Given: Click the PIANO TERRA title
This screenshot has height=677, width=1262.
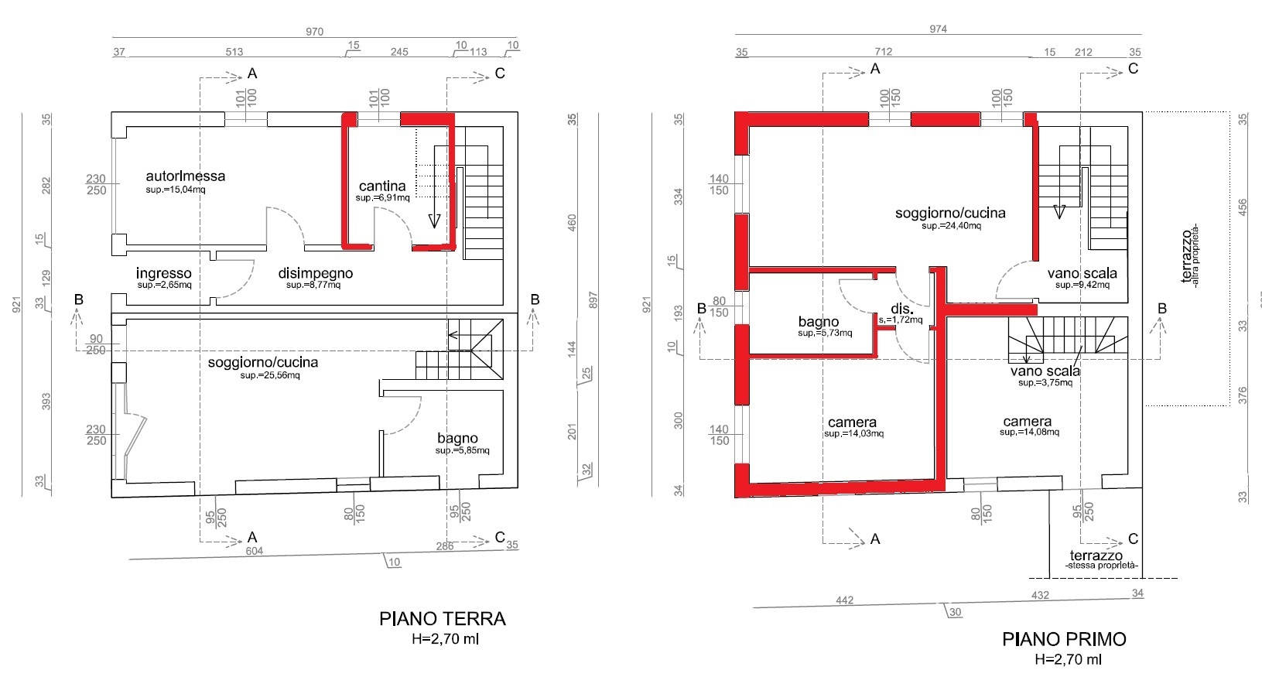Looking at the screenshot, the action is click(443, 618).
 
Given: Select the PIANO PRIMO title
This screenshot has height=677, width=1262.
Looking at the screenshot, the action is click(1064, 638).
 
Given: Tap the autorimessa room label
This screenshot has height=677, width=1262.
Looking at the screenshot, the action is click(186, 176).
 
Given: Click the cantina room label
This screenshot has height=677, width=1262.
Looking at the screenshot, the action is click(382, 185).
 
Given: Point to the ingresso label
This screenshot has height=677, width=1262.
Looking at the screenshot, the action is click(163, 273).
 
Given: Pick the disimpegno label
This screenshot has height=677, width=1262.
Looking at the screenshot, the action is click(316, 273).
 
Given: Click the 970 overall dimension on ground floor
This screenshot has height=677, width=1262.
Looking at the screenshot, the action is click(314, 32).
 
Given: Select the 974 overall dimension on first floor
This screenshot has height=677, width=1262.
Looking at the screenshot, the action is click(938, 29).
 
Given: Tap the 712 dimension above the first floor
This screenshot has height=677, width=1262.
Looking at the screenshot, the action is click(883, 52).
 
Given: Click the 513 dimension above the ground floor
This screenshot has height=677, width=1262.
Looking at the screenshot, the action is click(234, 52).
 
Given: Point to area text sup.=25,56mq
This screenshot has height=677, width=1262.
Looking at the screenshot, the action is click(270, 375).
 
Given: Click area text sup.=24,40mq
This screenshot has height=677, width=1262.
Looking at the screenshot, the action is click(951, 226).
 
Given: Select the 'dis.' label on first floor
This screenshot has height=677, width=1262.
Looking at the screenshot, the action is click(902, 309).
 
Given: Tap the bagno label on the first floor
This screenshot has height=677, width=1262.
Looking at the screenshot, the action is click(818, 322).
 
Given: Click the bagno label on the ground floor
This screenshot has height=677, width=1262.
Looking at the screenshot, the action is click(457, 438).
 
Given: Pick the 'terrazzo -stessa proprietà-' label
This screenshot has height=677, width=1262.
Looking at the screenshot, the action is click(1101, 560).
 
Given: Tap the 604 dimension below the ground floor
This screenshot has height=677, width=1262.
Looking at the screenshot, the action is click(254, 551).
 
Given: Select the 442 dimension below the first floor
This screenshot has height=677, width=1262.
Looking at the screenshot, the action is click(844, 600).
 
